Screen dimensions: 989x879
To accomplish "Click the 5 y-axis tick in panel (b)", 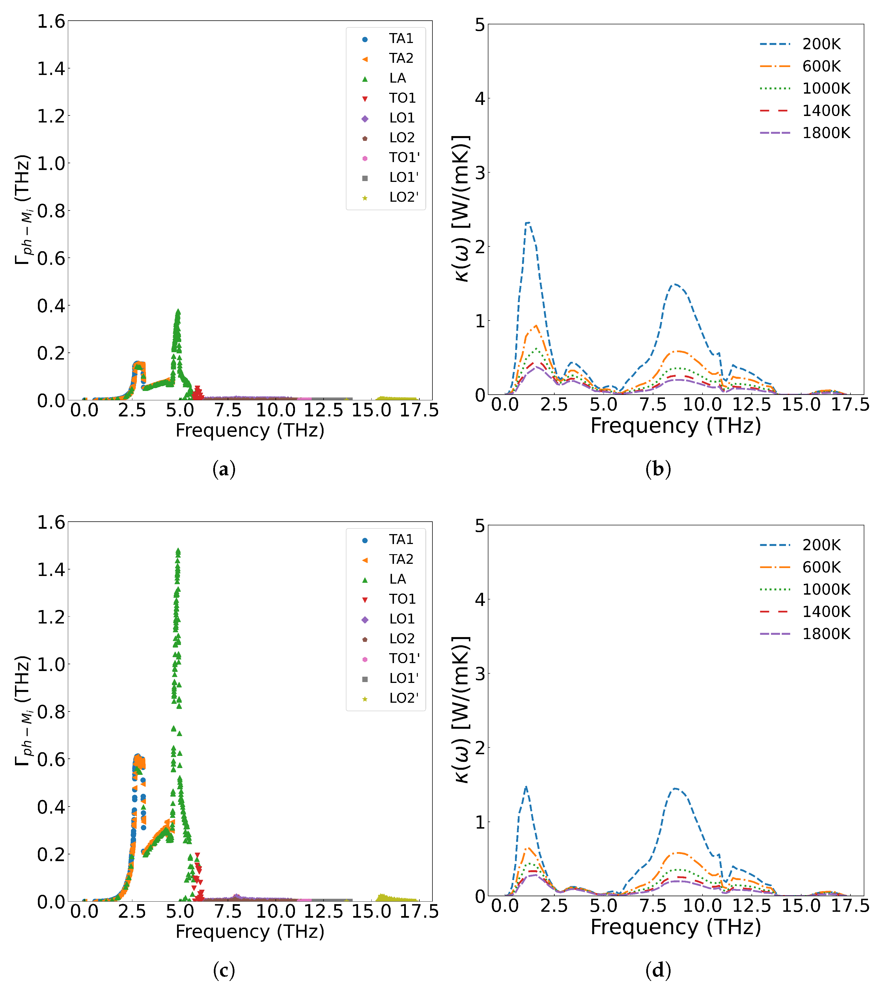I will (479, 24).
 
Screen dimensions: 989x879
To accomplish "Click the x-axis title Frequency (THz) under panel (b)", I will (675, 426).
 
